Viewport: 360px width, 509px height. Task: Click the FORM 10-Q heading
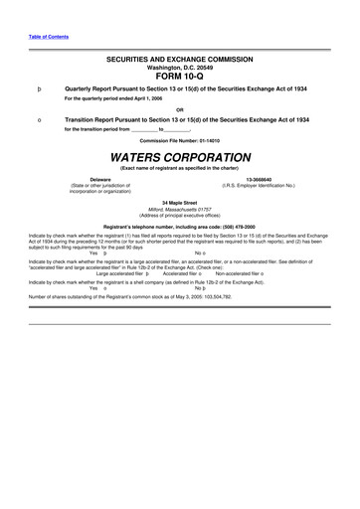179,77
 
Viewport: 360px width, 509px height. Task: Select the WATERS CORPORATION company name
180,158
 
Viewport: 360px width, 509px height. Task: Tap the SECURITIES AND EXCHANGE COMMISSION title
180,61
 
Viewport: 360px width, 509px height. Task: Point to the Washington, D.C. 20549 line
180,68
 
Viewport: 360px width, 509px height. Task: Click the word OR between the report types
180,108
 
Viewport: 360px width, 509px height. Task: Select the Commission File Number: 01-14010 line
180,140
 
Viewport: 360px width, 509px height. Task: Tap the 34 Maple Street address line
180,202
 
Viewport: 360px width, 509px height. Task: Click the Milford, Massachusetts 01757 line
180,209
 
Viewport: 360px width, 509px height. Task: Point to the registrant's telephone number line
180,226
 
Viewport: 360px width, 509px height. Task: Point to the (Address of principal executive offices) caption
180,215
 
